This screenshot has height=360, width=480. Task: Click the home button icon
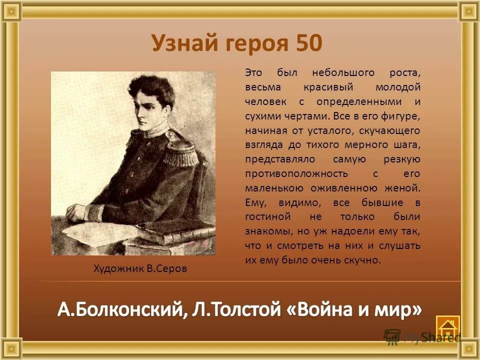tap(447, 327)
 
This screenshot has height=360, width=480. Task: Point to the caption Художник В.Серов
tap(140, 268)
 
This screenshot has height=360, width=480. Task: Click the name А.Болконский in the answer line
tap(119, 310)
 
